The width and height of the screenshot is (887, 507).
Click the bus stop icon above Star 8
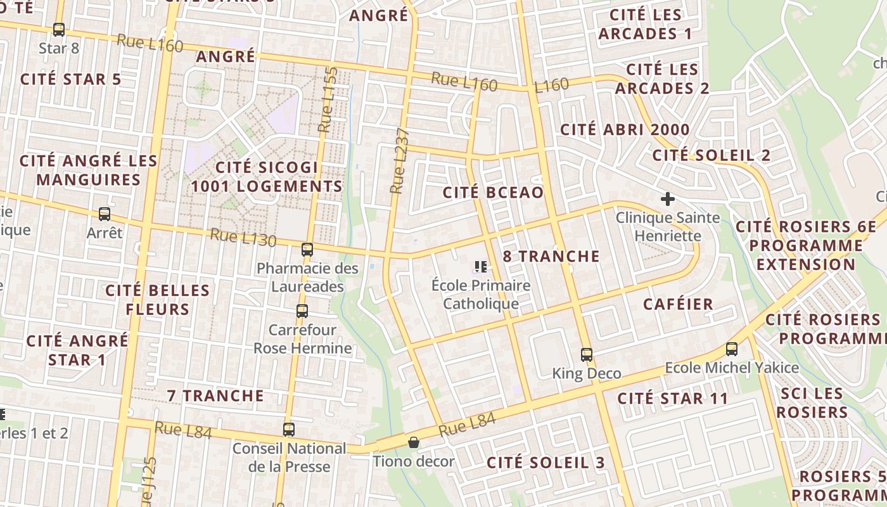[x=59, y=29]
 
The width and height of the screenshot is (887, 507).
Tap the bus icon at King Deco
[x=587, y=354]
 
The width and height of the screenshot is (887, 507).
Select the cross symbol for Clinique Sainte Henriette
[x=667, y=199]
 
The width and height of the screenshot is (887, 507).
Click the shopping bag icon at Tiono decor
[x=414, y=442]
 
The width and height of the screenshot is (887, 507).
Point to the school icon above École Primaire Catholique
[x=480, y=267]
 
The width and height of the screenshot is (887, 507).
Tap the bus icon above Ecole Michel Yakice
[x=732, y=349]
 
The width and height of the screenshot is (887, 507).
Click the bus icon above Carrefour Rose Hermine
[x=302, y=311]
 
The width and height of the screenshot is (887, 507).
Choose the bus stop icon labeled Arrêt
[x=105, y=214]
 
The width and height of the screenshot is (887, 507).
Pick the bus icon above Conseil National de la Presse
[x=289, y=429]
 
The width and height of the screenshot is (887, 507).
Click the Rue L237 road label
[x=399, y=160]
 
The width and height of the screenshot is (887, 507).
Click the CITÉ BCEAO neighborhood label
[x=493, y=193]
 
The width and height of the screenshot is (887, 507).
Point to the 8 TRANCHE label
[x=551, y=256]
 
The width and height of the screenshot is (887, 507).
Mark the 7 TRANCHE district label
[x=215, y=395]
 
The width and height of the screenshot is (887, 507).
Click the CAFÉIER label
[x=678, y=304]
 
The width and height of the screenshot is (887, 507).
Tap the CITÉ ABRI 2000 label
[x=625, y=130]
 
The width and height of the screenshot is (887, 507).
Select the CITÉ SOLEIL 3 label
[x=546, y=463]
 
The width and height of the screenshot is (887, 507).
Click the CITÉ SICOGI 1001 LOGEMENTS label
[x=267, y=177]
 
